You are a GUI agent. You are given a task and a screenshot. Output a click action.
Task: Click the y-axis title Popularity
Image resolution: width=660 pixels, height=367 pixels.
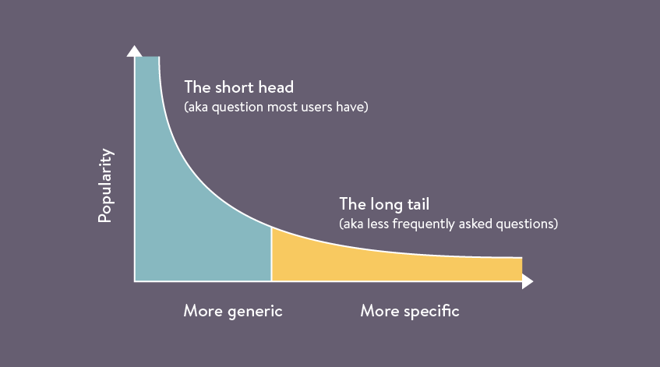(x=105, y=185)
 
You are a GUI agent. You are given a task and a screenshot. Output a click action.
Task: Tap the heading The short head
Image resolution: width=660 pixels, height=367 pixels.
(x=238, y=87)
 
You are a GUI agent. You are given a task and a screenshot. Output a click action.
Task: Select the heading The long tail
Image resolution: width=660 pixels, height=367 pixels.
(x=384, y=204)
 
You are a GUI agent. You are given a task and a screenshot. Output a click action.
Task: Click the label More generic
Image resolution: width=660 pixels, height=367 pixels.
(x=232, y=311)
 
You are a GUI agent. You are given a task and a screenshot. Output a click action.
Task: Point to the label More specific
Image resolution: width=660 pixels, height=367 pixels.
(x=409, y=311)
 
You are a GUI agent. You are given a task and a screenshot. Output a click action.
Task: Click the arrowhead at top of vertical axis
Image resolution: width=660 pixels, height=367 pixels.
(x=134, y=51)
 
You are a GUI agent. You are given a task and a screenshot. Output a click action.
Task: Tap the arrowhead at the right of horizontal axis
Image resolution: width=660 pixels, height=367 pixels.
(x=528, y=281)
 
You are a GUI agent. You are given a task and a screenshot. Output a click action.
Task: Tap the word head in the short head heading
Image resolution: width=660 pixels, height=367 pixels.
(x=276, y=87)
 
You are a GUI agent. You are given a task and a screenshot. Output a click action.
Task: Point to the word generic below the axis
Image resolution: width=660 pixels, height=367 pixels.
(x=254, y=311)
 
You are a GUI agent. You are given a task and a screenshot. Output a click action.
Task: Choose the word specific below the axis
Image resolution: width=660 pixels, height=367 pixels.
(x=432, y=311)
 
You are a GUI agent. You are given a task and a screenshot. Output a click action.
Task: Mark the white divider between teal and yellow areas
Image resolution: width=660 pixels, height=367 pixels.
(x=271, y=253)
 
